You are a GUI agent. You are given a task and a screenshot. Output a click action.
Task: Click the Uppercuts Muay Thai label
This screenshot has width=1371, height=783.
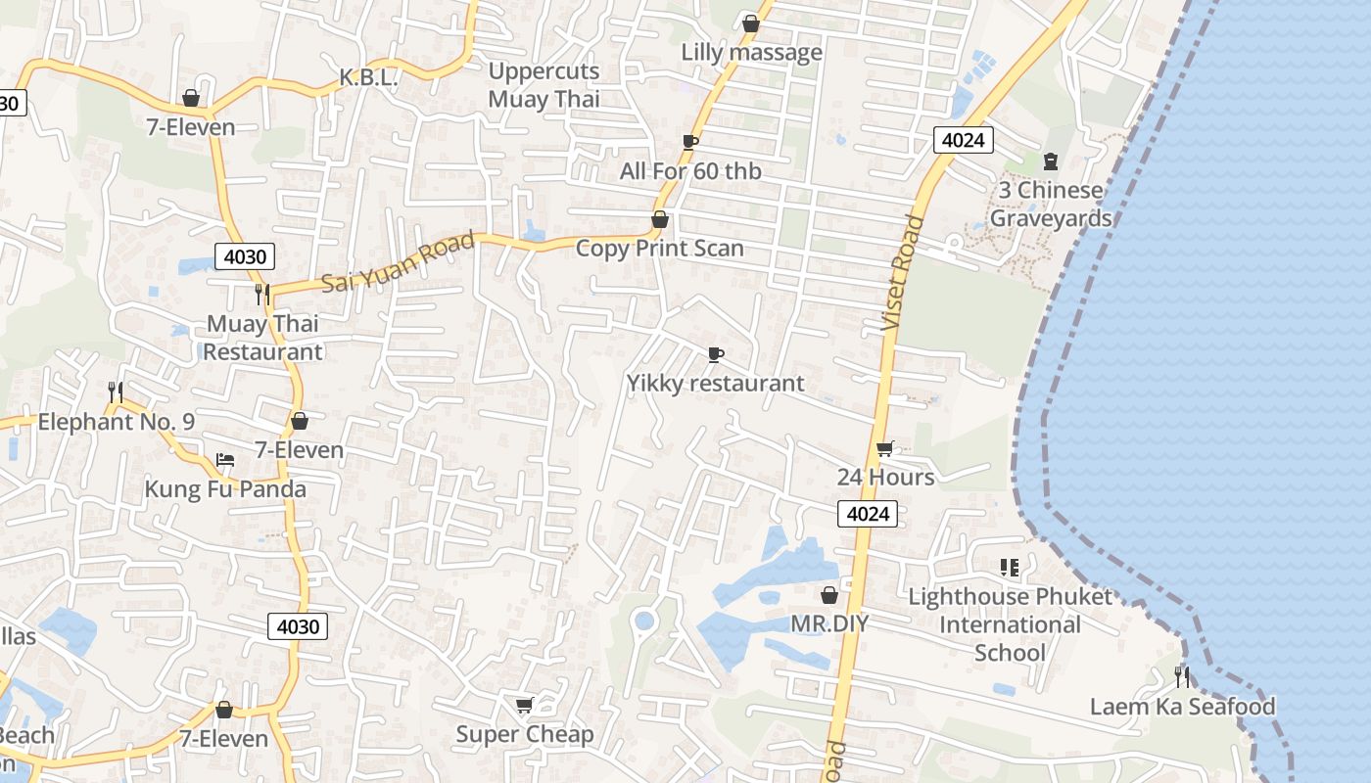click(x=544, y=85)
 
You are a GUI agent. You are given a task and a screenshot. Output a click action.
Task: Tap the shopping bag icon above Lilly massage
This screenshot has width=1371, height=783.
click(x=751, y=23)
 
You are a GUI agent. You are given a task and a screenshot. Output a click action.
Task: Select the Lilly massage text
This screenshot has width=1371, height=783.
click(x=751, y=52)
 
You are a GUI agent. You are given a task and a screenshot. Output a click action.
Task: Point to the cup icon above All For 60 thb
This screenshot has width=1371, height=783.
click(x=690, y=142)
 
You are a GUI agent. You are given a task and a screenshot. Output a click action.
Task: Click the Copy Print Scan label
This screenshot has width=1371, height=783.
click(x=659, y=249)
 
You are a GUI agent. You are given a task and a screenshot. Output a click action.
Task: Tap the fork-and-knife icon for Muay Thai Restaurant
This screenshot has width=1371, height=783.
click(x=261, y=293)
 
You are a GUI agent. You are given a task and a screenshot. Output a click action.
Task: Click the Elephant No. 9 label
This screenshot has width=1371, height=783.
click(x=116, y=422)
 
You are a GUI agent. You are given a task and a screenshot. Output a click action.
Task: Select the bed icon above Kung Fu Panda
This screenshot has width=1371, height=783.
click(x=225, y=460)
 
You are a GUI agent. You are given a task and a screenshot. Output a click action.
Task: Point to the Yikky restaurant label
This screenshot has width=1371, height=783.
click(x=715, y=383)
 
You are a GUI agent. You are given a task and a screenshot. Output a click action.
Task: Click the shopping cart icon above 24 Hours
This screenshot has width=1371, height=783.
click(x=884, y=448)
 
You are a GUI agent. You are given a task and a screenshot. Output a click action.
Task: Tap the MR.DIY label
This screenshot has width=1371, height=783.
click(x=829, y=623)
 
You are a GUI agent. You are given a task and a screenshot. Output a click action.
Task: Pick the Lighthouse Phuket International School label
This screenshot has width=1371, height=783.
click(x=1010, y=624)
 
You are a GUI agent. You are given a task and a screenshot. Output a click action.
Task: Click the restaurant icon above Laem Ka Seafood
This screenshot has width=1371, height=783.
click(x=1182, y=676)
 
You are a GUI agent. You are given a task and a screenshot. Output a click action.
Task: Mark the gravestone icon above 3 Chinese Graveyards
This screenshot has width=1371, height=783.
click(x=1051, y=161)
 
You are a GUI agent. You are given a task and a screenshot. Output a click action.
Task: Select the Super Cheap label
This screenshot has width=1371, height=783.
click(x=525, y=734)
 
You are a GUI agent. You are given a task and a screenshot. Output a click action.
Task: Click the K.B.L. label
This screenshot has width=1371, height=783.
click(x=368, y=78)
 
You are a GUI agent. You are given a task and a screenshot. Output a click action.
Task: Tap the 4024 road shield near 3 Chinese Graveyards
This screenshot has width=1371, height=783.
click(x=963, y=140)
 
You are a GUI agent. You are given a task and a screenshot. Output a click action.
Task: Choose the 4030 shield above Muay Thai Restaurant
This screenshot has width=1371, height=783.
click(x=245, y=257)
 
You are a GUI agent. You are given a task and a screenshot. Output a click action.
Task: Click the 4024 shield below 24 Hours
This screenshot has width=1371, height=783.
click(x=868, y=514)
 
